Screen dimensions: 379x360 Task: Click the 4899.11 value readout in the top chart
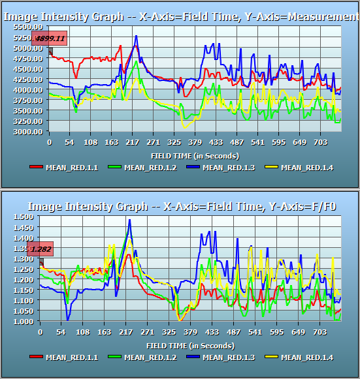click(50, 38)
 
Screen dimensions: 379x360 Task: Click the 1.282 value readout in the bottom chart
click(41, 249)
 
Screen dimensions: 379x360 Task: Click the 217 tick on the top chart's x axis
click(133, 142)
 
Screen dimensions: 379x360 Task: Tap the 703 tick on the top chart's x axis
click(320, 142)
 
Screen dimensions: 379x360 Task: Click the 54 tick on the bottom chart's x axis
click(61, 331)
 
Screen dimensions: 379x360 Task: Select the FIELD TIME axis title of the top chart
click(195, 155)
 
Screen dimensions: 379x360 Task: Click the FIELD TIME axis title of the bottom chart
click(190, 345)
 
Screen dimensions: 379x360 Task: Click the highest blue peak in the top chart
click(136, 36)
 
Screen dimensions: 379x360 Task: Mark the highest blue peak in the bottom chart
click(129, 220)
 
